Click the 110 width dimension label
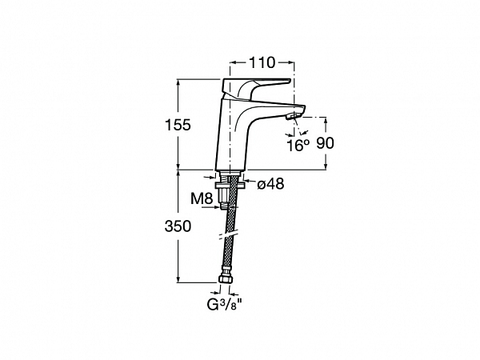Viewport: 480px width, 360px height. [262, 63]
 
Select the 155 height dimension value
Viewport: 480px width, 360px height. [178, 125]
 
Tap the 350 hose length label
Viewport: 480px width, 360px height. [178, 226]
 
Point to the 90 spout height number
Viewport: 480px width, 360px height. [325, 143]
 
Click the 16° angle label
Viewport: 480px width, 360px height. [298, 146]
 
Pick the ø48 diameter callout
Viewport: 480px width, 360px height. [270, 184]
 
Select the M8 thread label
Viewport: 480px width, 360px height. [202, 198]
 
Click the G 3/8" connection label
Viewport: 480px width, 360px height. [225, 305]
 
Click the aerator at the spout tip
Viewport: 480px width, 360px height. [293, 116]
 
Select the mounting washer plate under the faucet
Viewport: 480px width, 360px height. [230, 186]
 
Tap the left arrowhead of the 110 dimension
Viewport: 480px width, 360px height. [233, 62]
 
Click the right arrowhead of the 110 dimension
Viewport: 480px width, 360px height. [291, 62]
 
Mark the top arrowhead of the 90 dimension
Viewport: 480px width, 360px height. [326, 120]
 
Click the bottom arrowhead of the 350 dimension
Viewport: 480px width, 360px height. [178, 279]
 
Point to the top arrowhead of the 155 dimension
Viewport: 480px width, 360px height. [178, 83]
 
